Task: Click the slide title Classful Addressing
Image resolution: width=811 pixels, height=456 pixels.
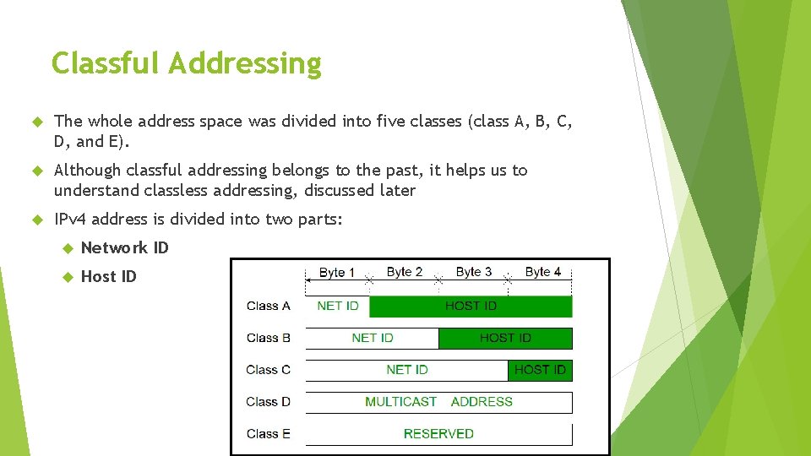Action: tap(187, 63)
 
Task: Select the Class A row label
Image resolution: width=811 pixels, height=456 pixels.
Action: tap(268, 306)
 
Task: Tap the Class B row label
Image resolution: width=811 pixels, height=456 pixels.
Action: tap(268, 338)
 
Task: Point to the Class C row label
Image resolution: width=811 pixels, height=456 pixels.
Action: tap(268, 369)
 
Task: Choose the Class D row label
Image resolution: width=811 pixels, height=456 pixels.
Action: tap(268, 401)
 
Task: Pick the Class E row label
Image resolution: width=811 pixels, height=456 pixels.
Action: tap(268, 433)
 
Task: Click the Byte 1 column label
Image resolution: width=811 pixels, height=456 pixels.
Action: tap(337, 272)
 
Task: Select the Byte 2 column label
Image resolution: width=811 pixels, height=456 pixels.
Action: tap(405, 272)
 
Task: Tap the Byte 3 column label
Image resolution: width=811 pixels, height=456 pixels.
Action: tap(474, 272)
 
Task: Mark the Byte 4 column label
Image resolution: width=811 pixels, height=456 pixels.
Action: tap(543, 272)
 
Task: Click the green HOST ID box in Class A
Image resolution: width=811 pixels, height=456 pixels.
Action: tap(471, 306)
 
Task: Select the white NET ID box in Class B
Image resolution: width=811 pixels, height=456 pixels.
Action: tap(373, 338)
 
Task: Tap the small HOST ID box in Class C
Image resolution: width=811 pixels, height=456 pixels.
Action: tap(540, 369)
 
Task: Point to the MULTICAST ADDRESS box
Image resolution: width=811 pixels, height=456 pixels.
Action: tap(438, 401)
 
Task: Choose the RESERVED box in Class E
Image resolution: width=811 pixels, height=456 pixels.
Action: tap(438, 433)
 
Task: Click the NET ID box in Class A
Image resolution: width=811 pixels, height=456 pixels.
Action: tap(338, 306)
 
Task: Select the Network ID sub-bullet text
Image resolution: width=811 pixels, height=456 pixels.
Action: tap(124, 247)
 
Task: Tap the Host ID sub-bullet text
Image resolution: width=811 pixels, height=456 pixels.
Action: tap(108, 276)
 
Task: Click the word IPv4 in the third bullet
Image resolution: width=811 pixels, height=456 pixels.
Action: tap(70, 220)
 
